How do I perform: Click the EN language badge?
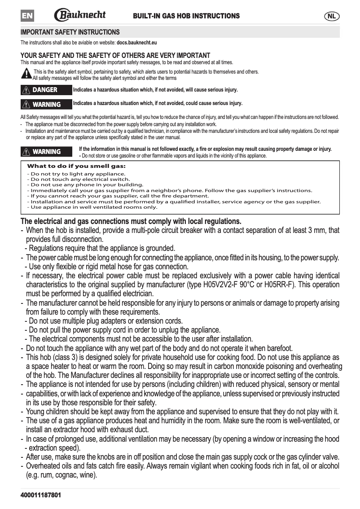click(x=27, y=16)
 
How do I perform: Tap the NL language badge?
click(x=332, y=16)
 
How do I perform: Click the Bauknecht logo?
click(x=80, y=15)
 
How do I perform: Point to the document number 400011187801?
click(x=41, y=495)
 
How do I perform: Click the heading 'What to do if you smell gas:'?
click(x=77, y=166)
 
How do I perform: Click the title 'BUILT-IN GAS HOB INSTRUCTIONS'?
click(x=186, y=16)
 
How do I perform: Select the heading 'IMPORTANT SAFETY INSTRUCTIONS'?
click(x=70, y=32)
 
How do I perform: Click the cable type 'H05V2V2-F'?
click(x=224, y=285)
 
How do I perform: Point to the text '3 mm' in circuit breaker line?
click(x=319, y=230)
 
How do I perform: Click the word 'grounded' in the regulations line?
click(x=161, y=248)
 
